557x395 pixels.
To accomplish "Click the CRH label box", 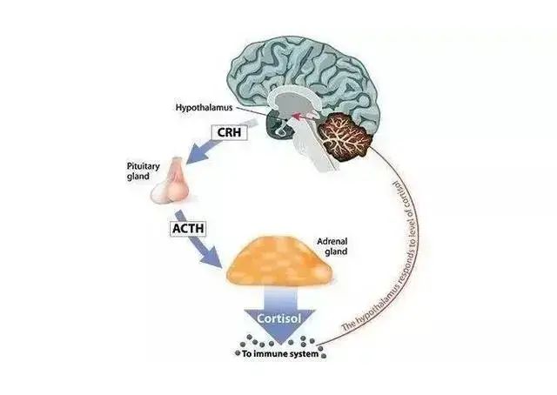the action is tap(229, 132).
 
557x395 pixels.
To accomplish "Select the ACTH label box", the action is tap(188, 228).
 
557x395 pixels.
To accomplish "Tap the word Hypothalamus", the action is tap(204, 107).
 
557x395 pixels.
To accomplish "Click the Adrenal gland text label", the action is tap(332, 246).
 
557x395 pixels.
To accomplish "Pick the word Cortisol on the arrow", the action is tap(278, 318).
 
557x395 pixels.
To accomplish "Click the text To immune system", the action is tap(280, 354).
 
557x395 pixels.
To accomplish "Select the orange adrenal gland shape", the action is tap(279, 261).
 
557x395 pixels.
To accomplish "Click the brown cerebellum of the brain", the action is tap(345, 136).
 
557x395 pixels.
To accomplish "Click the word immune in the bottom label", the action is tap(272, 354).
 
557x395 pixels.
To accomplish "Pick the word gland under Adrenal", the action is tap(336, 251).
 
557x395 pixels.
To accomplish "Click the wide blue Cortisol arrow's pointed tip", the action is tap(280, 344).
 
